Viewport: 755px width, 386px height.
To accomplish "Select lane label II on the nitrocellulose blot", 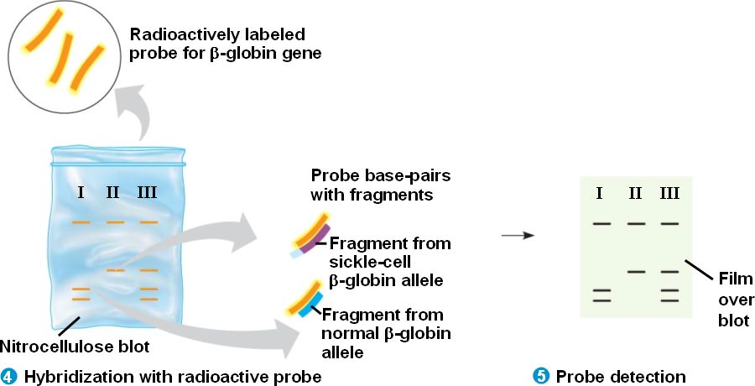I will click(x=113, y=192).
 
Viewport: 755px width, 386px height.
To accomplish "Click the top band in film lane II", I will click(x=636, y=224).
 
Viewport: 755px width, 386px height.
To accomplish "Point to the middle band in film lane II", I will click(x=636, y=271).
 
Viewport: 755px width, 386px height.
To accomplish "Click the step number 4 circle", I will click(x=9, y=376).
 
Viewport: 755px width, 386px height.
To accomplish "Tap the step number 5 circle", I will click(x=540, y=376).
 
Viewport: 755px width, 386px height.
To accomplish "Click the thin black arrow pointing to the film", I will click(x=517, y=235).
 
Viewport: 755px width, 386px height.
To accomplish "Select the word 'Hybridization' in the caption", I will click(x=69, y=377).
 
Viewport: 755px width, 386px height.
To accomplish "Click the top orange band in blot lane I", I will click(x=81, y=222).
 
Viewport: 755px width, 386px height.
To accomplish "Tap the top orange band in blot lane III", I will click(x=148, y=222).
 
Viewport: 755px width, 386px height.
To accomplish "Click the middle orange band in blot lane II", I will click(x=115, y=270).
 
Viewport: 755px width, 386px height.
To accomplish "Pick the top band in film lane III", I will click(x=669, y=224).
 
